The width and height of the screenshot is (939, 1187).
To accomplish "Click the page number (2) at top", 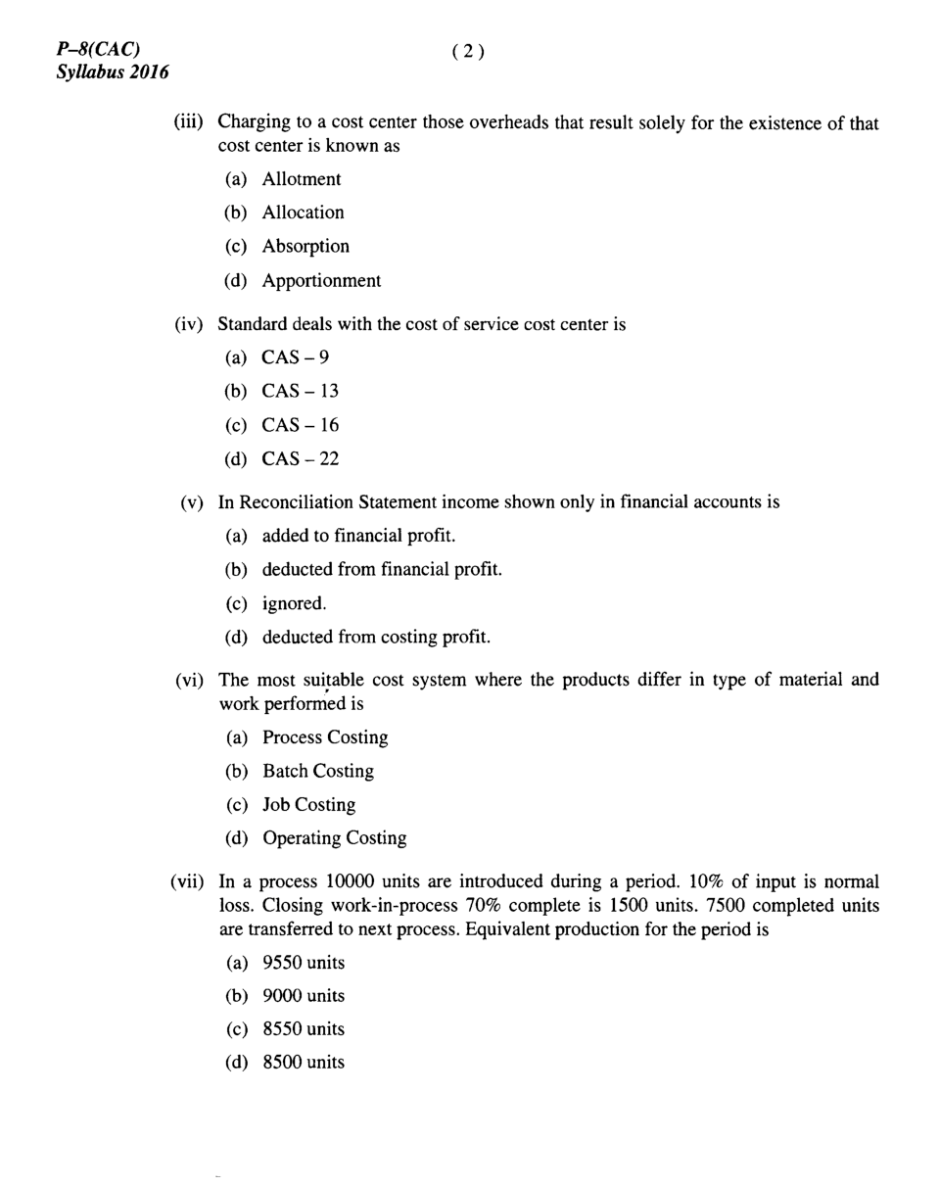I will coord(468,53).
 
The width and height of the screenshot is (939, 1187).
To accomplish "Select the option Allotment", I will coord(301,178).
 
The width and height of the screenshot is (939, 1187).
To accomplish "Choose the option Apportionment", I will coord(321,281).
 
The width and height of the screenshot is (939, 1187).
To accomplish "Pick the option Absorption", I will coord(305,247).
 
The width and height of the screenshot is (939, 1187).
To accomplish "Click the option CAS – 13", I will coord(300,391).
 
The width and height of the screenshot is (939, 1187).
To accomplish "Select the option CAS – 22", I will coord(300,458).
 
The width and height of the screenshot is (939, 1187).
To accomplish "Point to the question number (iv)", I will coord(190,324).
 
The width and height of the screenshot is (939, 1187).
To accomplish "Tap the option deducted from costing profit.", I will coord(375,638).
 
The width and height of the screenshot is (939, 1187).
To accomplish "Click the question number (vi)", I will coord(188,681).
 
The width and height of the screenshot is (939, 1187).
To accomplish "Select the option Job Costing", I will coord(308,805).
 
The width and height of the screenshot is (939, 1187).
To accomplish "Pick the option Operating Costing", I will coord(333,838).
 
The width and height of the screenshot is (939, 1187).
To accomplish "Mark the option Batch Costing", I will coord(317,771).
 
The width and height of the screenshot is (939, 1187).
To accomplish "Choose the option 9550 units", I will coord(303,963).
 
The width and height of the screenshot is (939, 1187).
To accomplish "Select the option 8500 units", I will coord(303,1063).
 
